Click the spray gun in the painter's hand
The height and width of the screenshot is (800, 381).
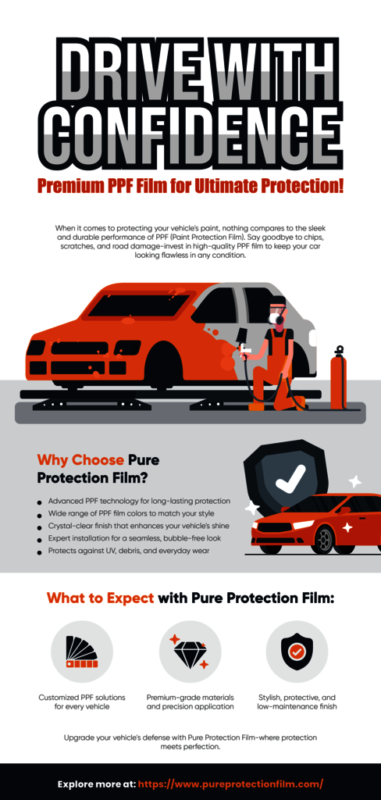click(x=245, y=350)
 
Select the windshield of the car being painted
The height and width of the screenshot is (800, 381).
click(x=137, y=305)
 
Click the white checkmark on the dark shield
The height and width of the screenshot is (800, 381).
click(x=290, y=479)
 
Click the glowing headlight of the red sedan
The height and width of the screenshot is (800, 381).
click(x=303, y=525)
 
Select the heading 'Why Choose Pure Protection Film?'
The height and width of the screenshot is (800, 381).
click(x=98, y=469)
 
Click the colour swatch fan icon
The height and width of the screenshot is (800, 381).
click(x=82, y=651)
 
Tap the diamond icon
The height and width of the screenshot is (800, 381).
click(x=189, y=652)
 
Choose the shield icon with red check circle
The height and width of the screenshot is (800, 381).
click(x=297, y=651)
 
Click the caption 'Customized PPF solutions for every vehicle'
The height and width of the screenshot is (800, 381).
click(x=82, y=702)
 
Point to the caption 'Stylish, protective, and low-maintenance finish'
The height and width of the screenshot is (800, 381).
click(x=297, y=702)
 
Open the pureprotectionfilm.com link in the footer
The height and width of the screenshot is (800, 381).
click(x=230, y=784)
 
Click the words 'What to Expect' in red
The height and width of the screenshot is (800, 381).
click(x=101, y=598)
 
